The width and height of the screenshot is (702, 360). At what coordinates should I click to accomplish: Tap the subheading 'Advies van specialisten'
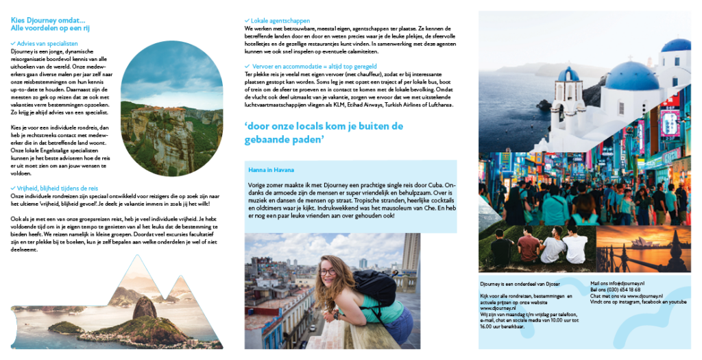[47, 43]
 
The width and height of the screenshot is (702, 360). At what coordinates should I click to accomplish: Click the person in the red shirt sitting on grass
[528, 246]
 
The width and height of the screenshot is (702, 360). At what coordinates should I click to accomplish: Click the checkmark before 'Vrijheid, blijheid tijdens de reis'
[14, 187]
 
